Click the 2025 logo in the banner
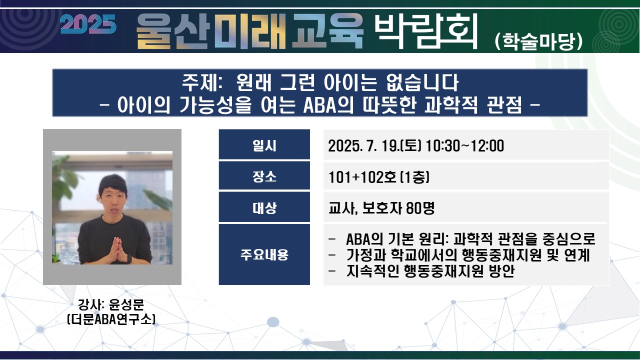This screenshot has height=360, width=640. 88,24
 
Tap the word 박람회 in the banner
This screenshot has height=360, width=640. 426,31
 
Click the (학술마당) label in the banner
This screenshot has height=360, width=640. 538,41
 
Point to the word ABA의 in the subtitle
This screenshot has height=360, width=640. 328,105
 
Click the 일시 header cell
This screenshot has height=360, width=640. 264,144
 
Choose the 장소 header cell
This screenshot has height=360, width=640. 264,175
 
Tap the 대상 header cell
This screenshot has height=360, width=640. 264,207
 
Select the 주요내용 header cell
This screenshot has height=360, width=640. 264,254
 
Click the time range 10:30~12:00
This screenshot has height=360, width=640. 464,146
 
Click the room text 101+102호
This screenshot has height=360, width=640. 362,177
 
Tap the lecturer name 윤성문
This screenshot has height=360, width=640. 126,304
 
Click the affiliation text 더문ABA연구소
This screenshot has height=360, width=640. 111,319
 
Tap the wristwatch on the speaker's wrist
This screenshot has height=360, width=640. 129,259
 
